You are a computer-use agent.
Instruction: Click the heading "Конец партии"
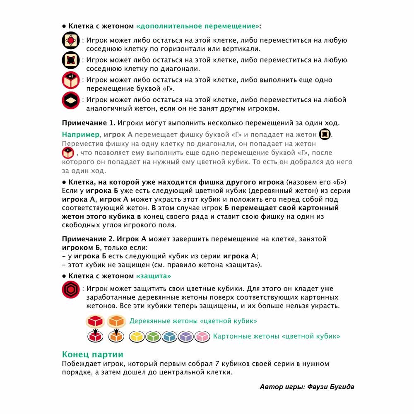point(92,354)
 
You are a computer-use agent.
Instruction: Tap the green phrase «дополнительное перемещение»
point(198,26)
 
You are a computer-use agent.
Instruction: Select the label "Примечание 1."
point(89,123)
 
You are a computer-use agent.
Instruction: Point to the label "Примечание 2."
point(89,239)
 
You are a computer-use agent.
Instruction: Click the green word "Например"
point(81,135)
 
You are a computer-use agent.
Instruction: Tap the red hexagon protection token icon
point(70,289)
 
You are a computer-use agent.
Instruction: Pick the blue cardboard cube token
point(170,337)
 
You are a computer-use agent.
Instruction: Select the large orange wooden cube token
point(116,320)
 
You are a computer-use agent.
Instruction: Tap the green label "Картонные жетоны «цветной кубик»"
point(277,336)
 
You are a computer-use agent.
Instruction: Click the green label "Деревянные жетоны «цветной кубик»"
point(193,321)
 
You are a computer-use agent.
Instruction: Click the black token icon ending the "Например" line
point(325,135)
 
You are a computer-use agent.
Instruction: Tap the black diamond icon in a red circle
point(70,100)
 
